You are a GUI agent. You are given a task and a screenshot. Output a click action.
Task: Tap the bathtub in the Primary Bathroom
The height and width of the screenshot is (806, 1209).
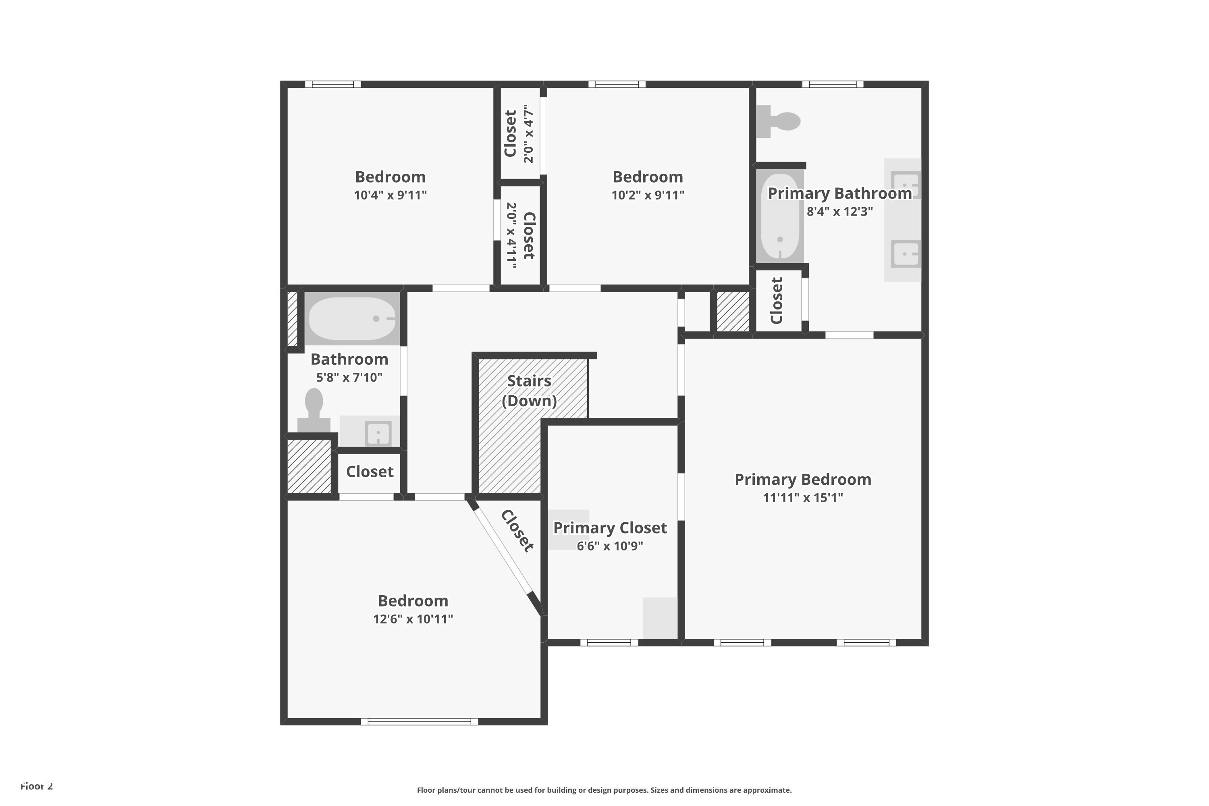780,216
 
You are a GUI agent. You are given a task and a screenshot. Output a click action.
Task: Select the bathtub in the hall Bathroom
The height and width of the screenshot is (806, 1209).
352,318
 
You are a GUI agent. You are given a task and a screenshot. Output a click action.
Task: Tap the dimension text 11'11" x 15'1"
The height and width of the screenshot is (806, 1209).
802,498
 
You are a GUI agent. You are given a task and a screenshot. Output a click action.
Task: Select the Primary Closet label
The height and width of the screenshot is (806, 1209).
610,528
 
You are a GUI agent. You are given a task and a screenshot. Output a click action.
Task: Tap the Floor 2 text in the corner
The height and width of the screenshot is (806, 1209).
37,786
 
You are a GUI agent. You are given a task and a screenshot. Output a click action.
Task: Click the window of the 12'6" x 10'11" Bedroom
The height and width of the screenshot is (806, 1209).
419,722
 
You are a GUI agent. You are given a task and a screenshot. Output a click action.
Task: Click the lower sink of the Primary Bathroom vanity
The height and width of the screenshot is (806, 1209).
905,254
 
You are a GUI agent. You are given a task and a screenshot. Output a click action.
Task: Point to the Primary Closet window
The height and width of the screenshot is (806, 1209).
609,642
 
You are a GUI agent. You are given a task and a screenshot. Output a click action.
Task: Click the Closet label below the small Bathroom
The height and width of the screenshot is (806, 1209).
370,472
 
